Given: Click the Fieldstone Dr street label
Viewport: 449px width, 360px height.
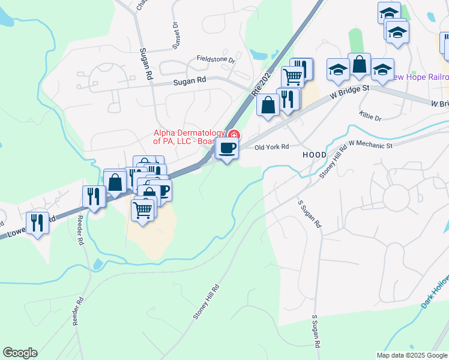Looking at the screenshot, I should [215, 59].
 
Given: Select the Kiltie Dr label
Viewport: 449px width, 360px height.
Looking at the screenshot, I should [370, 115].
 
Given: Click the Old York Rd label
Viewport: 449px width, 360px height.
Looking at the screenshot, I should [272, 146].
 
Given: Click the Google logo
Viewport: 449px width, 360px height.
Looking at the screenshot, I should [20, 353].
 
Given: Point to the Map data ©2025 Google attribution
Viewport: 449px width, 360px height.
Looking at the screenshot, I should [411, 355].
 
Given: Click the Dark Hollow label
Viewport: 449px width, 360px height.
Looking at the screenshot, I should [434, 294].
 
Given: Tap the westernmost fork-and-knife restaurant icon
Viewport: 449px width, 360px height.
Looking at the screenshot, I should [38, 223].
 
